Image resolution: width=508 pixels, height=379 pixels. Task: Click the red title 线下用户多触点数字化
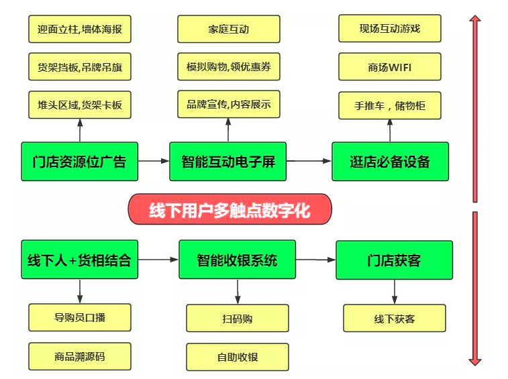pos(230,209)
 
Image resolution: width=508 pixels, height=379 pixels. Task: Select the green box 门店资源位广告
pos(79,162)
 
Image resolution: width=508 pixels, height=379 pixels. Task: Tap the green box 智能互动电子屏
pos(228,162)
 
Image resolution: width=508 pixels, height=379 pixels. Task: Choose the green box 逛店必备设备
pos(390,162)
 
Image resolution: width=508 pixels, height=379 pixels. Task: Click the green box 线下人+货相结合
pos(79,260)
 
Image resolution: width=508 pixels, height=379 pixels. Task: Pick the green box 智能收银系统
pos(237,260)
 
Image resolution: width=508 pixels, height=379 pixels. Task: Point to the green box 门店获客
pos(394,260)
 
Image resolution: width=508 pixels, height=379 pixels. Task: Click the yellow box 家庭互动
pos(228,30)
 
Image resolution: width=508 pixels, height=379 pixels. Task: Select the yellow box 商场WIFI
pos(390,67)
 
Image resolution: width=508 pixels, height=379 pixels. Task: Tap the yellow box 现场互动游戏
pos(390,29)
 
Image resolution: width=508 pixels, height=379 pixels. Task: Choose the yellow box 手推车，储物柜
pos(390,105)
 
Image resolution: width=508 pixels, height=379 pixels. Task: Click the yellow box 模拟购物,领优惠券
pos(228,67)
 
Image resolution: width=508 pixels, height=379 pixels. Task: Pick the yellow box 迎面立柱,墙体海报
pos(79,30)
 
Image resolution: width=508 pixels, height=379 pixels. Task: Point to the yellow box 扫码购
pos(238,319)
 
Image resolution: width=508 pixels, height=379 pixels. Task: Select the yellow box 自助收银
pos(238,357)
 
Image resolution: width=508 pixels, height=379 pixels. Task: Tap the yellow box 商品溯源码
pos(79,357)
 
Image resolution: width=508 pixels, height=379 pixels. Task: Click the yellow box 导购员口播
pos(79,318)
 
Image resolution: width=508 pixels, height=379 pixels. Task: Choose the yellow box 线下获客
pos(394,319)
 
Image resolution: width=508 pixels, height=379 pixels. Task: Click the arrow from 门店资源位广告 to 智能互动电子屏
pos(154,161)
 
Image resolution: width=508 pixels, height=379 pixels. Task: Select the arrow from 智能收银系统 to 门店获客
pos(315,260)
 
